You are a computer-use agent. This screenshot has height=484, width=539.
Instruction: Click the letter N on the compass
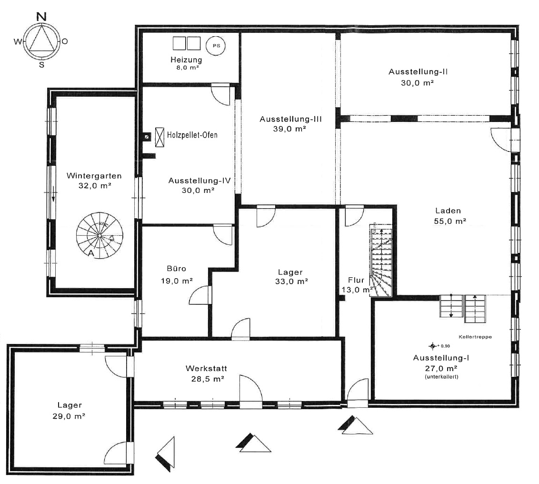(41, 16)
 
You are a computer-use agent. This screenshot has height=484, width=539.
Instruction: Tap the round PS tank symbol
(216, 46)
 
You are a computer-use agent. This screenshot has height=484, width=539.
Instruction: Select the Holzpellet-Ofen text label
(192, 135)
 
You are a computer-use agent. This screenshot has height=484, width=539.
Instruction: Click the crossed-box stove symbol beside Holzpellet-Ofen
(160, 137)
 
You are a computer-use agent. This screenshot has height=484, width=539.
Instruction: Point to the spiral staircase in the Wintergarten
(100, 236)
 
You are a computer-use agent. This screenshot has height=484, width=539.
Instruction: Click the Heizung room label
(186, 60)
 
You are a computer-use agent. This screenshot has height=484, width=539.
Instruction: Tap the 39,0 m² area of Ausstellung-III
(290, 129)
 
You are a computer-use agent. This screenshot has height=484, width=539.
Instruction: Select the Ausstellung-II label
(418, 72)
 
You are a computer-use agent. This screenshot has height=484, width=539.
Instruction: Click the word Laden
(448, 211)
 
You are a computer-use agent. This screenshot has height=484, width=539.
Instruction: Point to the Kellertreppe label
(475, 337)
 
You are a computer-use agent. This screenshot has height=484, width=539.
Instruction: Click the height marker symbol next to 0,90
(433, 346)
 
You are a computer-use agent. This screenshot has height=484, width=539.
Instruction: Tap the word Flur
(356, 280)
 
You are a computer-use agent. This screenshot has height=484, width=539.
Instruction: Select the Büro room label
(176, 268)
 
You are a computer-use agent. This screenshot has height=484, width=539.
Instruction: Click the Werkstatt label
(206, 368)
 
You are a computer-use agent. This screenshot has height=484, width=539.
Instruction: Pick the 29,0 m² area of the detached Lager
(69, 416)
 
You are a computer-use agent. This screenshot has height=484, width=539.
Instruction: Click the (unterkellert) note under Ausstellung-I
(441, 377)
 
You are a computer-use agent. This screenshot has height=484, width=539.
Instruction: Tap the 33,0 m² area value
(291, 282)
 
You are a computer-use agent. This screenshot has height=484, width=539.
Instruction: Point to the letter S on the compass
(41, 65)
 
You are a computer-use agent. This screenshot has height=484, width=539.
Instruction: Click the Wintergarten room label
(94, 176)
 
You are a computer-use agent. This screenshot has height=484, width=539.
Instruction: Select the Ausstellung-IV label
(200, 181)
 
